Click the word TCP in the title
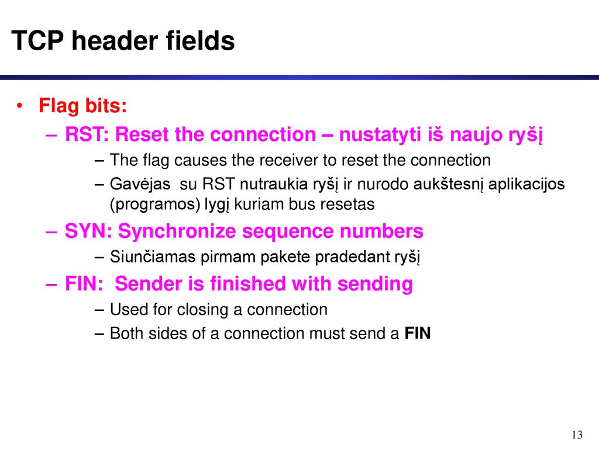pyautogui.click(x=37, y=40)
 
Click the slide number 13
pyautogui.click(x=577, y=435)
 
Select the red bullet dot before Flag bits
pyautogui.click(x=20, y=105)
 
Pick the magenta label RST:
pyautogui.click(x=87, y=134)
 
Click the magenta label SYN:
pyautogui.click(x=88, y=231)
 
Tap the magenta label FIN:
pyautogui.click(x=84, y=284)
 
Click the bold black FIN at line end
pyautogui.click(x=418, y=333)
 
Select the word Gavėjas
pyautogui.click(x=140, y=184)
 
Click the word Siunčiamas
pyautogui.click(x=153, y=257)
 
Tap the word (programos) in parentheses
pyautogui.click(x=155, y=204)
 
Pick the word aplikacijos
pyautogui.click(x=526, y=184)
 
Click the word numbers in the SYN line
pyautogui.click(x=381, y=231)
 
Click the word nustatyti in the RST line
pyautogui.click(x=380, y=134)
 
